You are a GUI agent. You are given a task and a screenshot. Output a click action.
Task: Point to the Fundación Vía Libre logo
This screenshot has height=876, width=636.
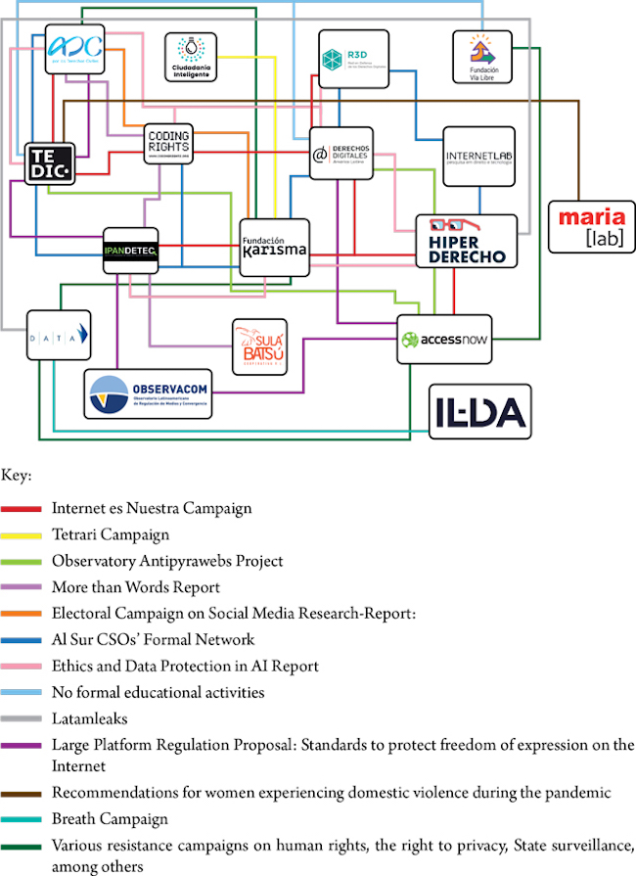tap(481, 56)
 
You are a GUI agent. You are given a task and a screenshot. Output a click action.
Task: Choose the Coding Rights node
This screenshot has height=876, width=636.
tap(168, 145)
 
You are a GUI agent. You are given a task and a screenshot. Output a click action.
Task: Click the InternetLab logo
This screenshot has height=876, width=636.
tap(478, 156)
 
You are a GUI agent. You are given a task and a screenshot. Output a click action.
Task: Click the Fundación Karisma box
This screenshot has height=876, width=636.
tap(274, 245)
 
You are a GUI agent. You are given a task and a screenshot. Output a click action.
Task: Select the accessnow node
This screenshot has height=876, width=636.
tap(443, 340)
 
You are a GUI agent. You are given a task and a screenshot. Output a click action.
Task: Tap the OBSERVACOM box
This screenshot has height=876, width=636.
tap(148, 394)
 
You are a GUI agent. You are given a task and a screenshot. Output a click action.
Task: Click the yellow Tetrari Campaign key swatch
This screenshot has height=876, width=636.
tap(22, 535)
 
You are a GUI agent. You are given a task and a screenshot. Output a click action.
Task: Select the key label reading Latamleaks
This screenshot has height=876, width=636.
tap(90, 719)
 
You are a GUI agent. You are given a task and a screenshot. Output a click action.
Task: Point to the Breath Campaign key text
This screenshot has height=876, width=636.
tap(110, 818)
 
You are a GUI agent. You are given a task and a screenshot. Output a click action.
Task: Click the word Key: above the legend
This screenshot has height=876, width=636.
tap(17, 476)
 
